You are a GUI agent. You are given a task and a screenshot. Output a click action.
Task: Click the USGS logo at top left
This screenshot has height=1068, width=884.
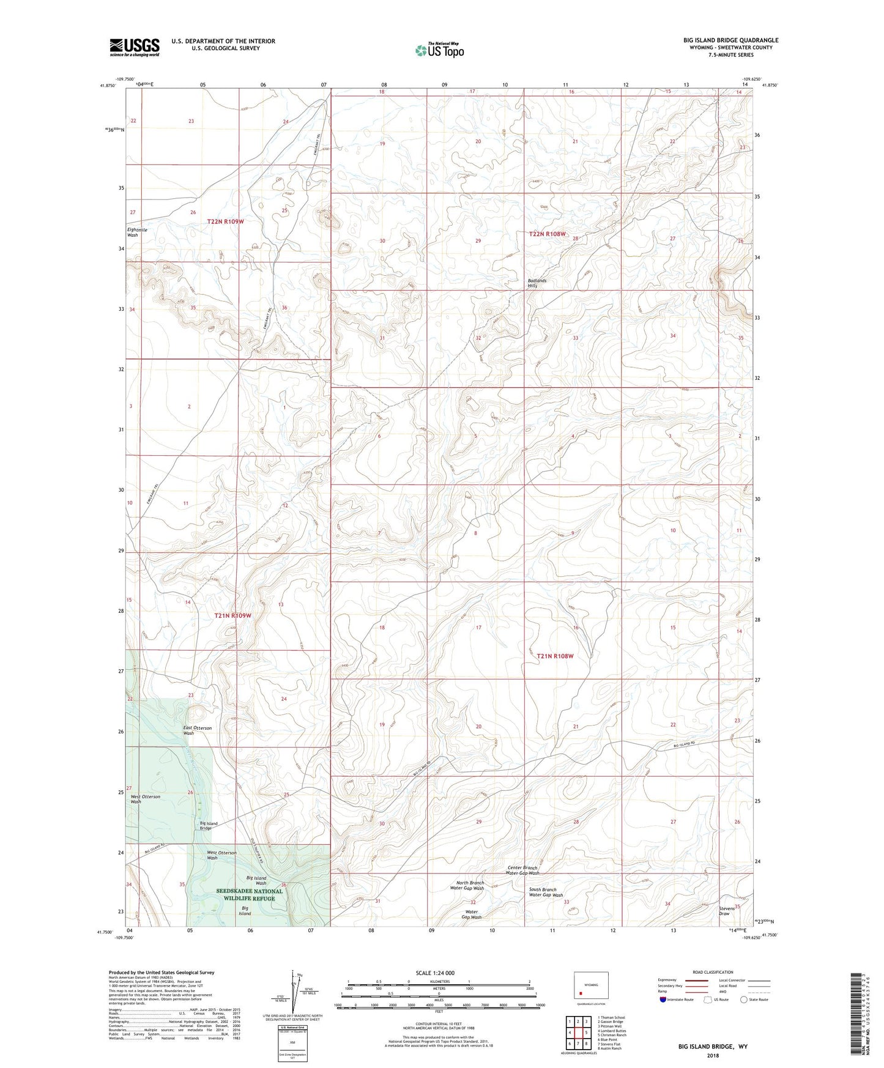(135, 47)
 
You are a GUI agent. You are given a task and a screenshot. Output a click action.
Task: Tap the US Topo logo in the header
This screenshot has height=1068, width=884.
(439, 50)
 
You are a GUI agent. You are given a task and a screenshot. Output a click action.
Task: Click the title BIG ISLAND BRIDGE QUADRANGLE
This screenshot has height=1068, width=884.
(730, 40)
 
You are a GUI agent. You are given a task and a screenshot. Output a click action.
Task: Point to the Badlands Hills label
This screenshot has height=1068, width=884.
(537, 283)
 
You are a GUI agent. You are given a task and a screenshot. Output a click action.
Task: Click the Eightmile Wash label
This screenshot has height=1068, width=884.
(136, 232)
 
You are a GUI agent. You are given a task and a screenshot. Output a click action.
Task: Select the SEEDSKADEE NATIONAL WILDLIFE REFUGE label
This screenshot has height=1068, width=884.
(250, 894)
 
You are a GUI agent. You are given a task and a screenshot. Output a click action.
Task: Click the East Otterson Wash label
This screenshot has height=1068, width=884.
(197, 730)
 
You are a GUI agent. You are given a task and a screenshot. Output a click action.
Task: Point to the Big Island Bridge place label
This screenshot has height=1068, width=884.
(208, 826)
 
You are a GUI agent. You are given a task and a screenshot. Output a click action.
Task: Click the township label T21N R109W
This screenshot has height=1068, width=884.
(233, 615)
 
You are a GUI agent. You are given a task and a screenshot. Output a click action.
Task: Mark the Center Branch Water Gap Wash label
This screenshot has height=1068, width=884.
(522, 870)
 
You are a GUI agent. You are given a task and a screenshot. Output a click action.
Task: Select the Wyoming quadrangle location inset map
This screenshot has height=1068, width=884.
(590, 985)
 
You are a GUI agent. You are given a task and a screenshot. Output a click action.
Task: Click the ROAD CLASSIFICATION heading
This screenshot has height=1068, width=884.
(713, 972)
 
